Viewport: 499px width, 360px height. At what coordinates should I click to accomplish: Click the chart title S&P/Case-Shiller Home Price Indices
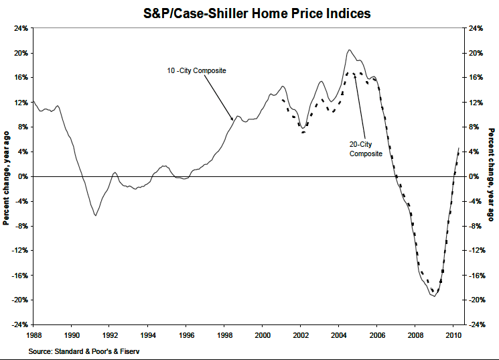click(249, 13)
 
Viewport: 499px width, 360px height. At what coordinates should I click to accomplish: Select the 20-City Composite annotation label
click(366, 149)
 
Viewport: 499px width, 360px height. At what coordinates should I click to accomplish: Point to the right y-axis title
click(492, 176)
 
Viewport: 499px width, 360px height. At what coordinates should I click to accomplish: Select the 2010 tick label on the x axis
click(453, 335)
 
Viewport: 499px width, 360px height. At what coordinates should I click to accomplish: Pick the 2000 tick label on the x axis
click(263, 335)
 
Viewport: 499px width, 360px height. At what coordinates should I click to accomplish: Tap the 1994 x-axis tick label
click(148, 335)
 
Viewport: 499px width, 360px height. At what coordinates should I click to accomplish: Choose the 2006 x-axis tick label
click(377, 335)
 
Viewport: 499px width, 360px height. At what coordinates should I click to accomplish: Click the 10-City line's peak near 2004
click(349, 50)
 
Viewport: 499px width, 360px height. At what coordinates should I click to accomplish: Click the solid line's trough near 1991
click(96, 215)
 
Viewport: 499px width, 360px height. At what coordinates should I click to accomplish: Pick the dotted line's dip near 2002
click(304, 132)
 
